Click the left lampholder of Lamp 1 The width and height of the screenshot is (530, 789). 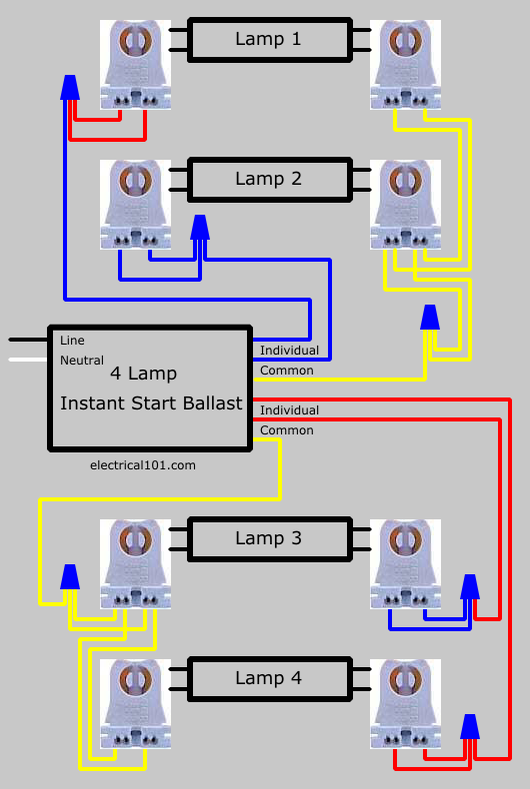click(136, 65)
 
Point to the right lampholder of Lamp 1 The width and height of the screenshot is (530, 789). click(406, 65)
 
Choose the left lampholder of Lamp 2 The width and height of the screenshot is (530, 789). click(136, 205)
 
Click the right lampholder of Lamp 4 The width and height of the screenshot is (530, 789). click(406, 704)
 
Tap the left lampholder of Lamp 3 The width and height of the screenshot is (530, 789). click(136, 564)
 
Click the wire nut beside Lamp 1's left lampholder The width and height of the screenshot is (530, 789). click(70, 88)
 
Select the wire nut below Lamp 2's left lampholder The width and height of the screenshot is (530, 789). click(200, 228)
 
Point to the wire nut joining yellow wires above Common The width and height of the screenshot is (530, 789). click(430, 317)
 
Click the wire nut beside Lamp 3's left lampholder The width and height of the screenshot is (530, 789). click(70, 576)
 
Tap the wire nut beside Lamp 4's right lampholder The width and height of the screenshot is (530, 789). click(470, 727)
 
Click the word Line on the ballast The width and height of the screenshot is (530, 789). click(72, 341)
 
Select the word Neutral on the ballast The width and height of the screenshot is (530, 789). click(82, 361)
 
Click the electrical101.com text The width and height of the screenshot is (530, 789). click(143, 465)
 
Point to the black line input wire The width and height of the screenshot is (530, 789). click(29, 340)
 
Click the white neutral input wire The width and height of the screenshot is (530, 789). click(29, 360)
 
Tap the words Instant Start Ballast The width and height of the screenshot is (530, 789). click(151, 403)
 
